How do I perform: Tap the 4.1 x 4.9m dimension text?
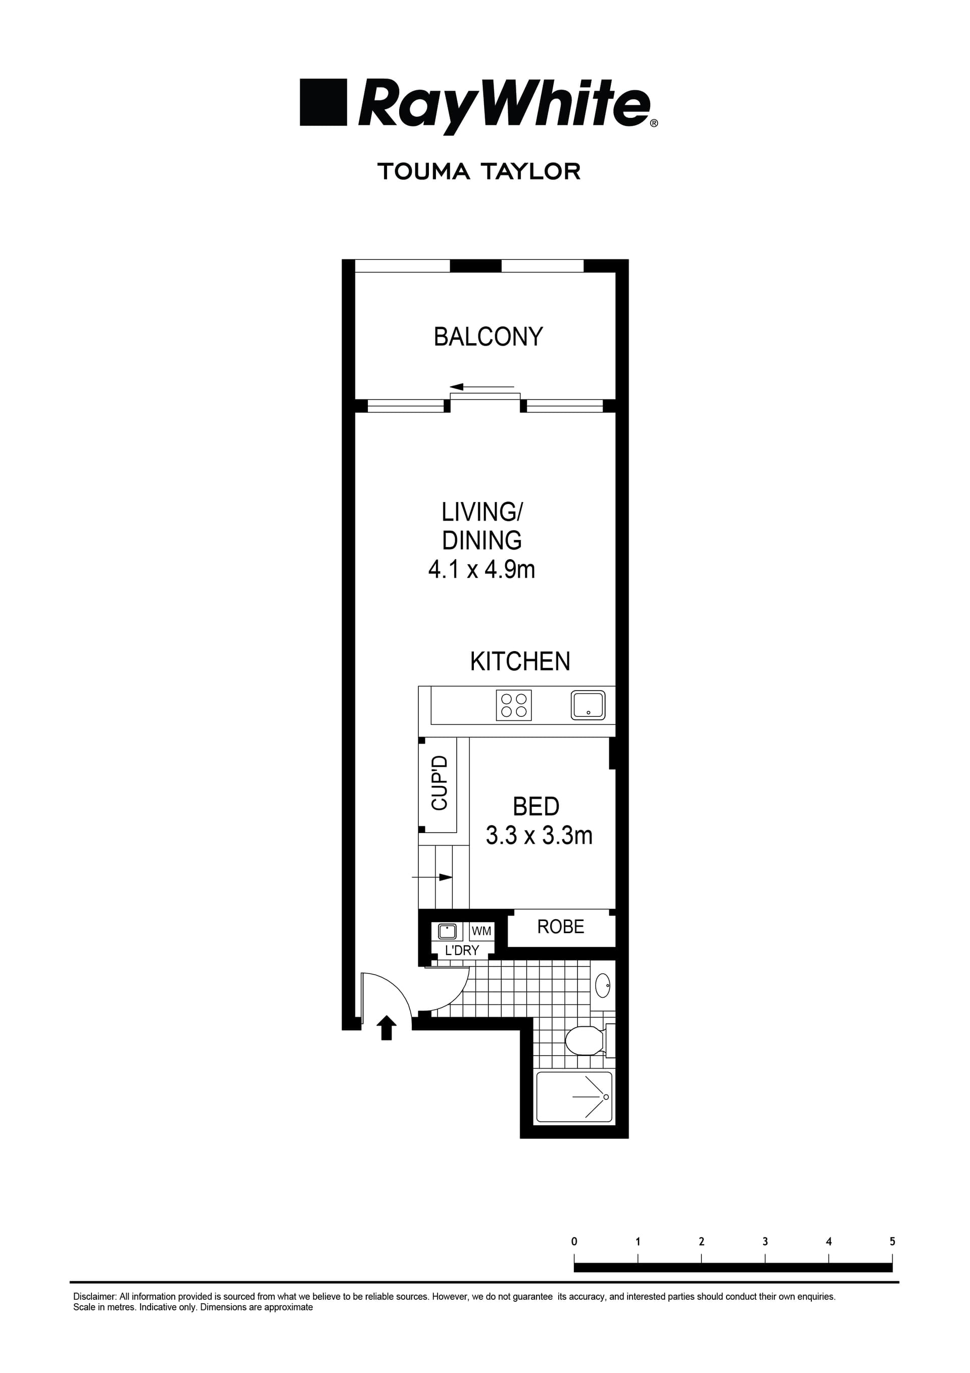point(481,569)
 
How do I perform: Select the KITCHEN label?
point(519,661)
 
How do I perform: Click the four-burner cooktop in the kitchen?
point(514,705)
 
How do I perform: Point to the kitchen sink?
point(588,705)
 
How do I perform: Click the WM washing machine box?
point(481,931)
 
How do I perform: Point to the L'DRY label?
point(462,950)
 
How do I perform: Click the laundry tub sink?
point(447,931)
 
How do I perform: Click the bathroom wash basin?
point(602,984)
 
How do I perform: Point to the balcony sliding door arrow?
point(481,387)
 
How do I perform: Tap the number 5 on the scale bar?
point(892,1242)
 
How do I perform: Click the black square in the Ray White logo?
point(323,102)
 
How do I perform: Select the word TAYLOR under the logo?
point(530,172)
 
